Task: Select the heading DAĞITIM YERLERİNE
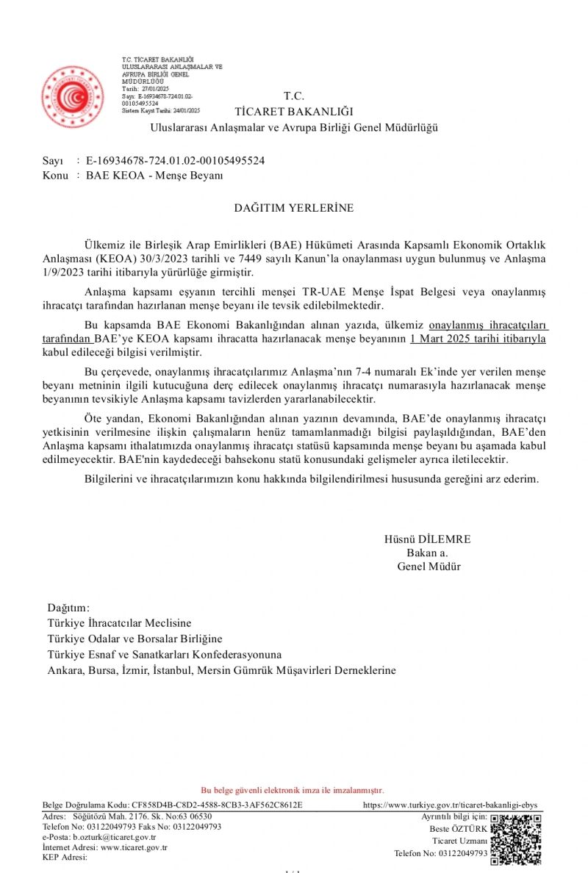(294, 208)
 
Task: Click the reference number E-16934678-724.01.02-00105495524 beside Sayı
(175, 160)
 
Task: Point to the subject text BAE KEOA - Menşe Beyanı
(154, 176)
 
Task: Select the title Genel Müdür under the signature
(429, 567)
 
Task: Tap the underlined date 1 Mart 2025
(451, 339)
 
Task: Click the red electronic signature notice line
(293, 790)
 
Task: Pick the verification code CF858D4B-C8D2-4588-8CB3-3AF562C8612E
(215, 805)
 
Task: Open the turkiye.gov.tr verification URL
(451, 805)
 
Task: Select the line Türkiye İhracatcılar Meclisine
(119, 622)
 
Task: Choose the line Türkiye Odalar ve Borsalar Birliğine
(135, 639)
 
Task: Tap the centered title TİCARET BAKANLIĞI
(294, 112)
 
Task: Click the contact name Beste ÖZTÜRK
(458, 829)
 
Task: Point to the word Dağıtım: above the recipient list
(68, 608)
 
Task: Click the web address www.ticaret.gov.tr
(134, 847)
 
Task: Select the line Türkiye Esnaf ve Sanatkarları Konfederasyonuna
(165, 654)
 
